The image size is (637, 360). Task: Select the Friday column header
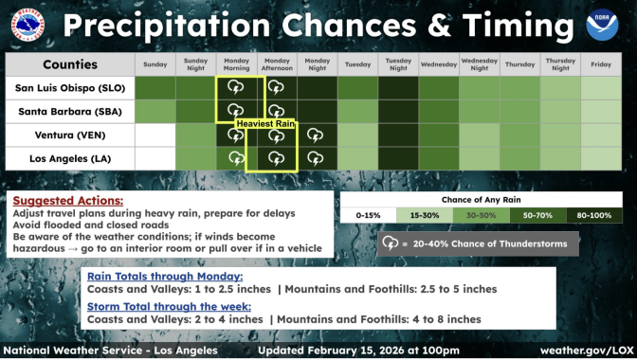tap(601, 64)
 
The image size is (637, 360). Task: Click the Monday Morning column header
tap(236, 64)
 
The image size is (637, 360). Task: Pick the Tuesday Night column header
tap(398, 64)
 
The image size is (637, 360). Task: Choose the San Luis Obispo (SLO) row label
tap(69, 88)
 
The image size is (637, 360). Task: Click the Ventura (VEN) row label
tap(69, 135)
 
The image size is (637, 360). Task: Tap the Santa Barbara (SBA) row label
tap(69, 112)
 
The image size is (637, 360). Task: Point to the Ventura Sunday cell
tap(155, 135)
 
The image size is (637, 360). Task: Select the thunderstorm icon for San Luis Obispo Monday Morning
tap(236, 88)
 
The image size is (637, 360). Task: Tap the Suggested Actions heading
tap(67, 201)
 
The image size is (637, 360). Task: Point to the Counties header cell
tap(69, 64)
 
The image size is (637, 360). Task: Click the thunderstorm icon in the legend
tap(390, 243)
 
